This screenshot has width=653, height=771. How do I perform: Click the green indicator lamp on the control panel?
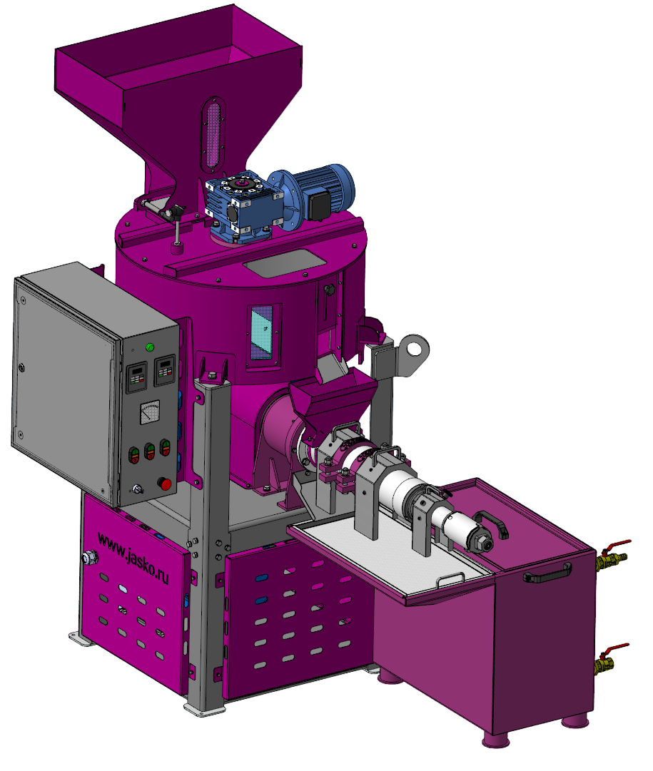pyautogui.click(x=150, y=347)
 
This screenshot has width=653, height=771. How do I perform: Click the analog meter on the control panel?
pyautogui.click(x=150, y=412)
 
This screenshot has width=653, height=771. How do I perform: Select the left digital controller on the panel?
pyautogui.click(x=137, y=377)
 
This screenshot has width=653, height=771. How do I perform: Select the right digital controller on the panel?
pyautogui.click(x=166, y=370)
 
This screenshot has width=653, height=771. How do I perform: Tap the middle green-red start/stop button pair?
pyautogui.click(x=149, y=451)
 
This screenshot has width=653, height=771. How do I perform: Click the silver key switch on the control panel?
pyautogui.click(x=137, y=489)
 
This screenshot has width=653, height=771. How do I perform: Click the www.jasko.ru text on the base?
pyautogui.click(x=133, y=557)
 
